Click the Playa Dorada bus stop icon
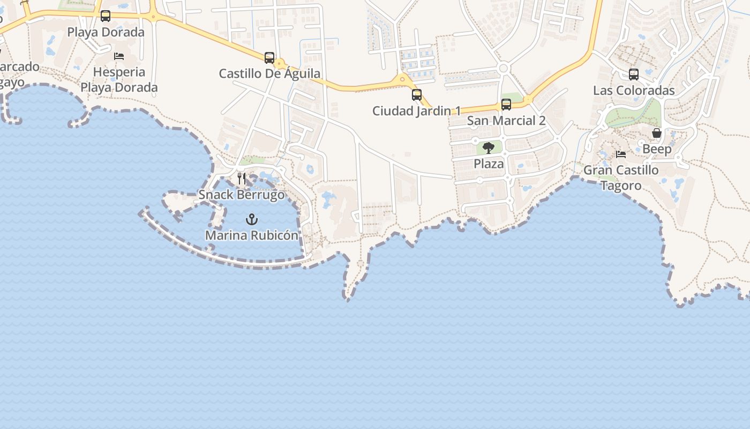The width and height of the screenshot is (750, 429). [106, 16]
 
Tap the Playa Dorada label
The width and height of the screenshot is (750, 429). [106, 32]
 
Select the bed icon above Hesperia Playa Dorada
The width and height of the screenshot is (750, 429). [119, 56]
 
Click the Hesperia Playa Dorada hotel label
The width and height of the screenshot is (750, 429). [119, 79]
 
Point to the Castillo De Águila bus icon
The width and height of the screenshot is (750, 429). [269, 57]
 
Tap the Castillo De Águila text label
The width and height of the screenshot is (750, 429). [269, 73]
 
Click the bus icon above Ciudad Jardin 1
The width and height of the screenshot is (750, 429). [417, 95]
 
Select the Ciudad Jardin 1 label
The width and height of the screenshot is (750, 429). [416, 111]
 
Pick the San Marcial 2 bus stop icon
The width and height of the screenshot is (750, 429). [506, 105]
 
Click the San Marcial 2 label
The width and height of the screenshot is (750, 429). [506, 121]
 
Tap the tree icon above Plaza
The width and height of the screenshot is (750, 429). [488, 147]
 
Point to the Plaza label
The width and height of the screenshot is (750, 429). [489, 164]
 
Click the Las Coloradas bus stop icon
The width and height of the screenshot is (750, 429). [634, 75]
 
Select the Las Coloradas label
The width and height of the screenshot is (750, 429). [634, 91]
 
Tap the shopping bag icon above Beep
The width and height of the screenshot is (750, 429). [657, 133]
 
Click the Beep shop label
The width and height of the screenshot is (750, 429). [657, 149]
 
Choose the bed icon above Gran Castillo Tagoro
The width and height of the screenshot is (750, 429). [621, 154]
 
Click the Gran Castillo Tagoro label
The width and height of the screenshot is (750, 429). [621, 177]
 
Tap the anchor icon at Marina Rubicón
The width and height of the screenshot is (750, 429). [251, 219]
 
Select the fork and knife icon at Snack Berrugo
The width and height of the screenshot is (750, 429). [242, 178]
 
